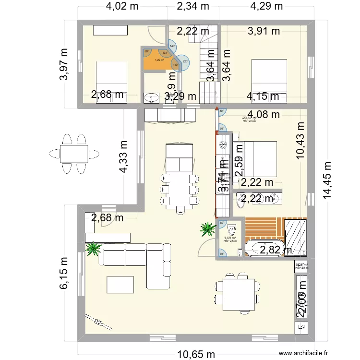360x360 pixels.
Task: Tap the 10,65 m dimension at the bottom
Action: tap(196, 354)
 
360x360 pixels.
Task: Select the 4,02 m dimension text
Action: tap(122, 6)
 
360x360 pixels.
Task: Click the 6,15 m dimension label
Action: tap(64, 273)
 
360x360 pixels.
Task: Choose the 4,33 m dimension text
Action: tap(124, 156)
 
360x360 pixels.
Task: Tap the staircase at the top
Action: tap(209, 65)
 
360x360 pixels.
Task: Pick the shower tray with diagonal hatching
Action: tap(296, 237)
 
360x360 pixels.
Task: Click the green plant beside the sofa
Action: tap(93, 248)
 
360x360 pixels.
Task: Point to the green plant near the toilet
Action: tap(208, 228)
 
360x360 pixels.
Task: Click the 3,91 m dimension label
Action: tap(264, 32)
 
